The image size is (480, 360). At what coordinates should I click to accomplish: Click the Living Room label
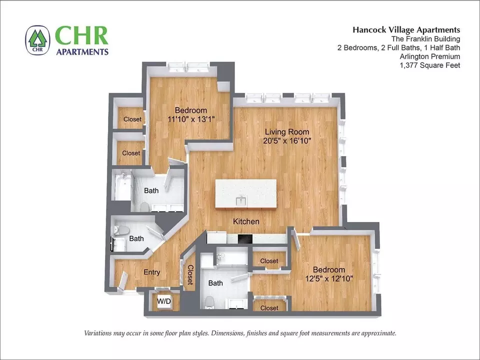[x=287, y=132]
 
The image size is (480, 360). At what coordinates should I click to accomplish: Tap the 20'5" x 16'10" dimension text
[x=287, y=141]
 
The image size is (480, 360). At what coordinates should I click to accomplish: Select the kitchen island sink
[x=241, y=201]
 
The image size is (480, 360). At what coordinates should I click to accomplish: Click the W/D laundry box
[x=164, y=301]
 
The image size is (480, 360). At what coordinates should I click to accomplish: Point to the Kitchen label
[x=246, y=221]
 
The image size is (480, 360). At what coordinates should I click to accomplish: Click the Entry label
[x=152, y=272]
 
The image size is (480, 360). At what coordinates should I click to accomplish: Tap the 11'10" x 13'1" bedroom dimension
[x=190, y=119]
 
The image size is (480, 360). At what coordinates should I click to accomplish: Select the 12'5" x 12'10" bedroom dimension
[x=329, y=278]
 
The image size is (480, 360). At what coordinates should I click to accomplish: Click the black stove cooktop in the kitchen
[x=245, y=238]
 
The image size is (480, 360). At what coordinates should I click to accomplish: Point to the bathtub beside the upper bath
[x=122, y=185]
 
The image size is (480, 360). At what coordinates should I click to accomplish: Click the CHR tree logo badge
[x=37, y=40]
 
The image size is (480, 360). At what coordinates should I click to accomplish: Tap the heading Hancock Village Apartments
[x=406, y=29]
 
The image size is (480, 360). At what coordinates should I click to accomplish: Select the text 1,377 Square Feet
[x=430, y=65]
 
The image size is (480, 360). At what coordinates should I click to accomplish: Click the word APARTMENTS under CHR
[x=82, y=51]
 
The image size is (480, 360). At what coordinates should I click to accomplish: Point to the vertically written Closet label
[x=190, y=274]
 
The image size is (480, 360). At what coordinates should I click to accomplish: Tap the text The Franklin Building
[x=425, y=39]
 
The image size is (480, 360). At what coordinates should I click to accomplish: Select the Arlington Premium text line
[x=430, y=56]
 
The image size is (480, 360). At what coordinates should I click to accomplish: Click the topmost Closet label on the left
[x=132, y=119]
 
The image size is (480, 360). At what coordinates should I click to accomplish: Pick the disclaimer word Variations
[x=97, y=333]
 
